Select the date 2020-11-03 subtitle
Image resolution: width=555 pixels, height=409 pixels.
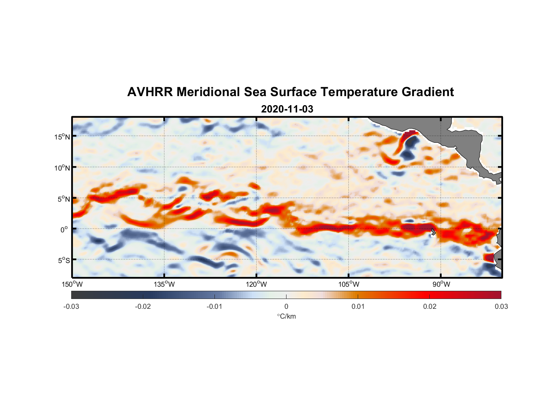point(287,109)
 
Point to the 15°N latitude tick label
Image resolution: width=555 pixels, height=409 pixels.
point(62,137)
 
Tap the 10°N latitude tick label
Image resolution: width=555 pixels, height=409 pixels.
point(62,168)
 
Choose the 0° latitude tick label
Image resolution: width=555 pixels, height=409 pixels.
point(64,229)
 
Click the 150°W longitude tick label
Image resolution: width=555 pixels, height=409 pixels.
point(72,284)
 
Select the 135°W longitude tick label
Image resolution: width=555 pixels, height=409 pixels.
point(164,284)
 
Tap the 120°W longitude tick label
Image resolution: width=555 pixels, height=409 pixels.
point(257,284)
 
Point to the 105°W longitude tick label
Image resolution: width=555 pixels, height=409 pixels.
point(349,284)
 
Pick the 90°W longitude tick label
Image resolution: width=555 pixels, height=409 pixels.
point(441,284)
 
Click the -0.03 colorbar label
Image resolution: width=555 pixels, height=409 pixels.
point(71,306)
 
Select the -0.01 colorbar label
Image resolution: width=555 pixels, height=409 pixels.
point(214,306)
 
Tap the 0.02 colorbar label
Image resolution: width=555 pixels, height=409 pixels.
point(430,306)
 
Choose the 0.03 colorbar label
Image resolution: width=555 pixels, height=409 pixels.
point(501,306)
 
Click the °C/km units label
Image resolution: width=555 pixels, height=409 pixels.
point(286,316)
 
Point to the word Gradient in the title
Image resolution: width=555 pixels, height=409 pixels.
point(428,92)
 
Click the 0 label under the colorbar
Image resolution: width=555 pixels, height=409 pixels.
point(286,306)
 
